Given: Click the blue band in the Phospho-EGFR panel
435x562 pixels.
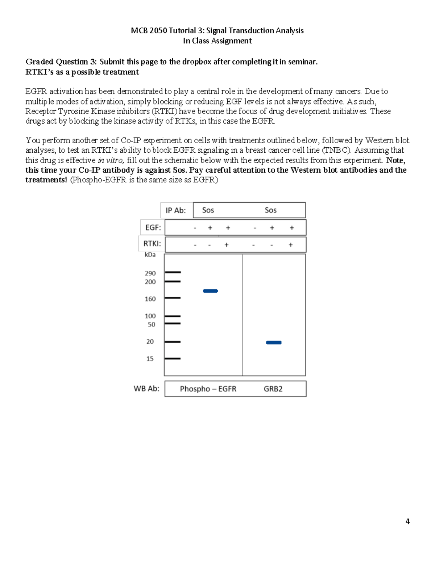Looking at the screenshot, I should coord(210,291).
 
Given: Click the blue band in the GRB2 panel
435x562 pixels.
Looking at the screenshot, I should coord(274,342).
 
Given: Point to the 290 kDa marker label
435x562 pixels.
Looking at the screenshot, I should coord(150,273).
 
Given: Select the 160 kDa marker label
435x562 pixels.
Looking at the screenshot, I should coord(150,299).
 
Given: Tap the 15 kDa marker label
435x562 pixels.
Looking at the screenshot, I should coord(150,359).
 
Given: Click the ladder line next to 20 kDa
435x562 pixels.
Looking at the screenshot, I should coord(173,342).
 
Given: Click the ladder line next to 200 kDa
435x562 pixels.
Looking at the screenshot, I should coord(173,281).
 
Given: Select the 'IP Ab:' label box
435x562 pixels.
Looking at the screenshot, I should coord(176,210).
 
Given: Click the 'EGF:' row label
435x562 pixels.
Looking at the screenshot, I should coord(153,228).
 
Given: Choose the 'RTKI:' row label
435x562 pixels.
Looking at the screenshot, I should coord(152,244).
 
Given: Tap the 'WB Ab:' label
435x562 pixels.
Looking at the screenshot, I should coord(146,389).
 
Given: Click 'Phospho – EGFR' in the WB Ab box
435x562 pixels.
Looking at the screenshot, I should coord(208,389).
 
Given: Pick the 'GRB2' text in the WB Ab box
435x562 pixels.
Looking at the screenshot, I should coord(273,389).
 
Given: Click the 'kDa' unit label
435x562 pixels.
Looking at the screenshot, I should coord(150,255).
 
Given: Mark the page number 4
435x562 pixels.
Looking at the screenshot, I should coord(407,521).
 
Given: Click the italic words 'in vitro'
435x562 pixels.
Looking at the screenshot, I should coord(111,160).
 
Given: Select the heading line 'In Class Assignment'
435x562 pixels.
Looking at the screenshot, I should coord(217,41).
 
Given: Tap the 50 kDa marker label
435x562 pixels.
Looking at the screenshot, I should coord(151,325).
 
